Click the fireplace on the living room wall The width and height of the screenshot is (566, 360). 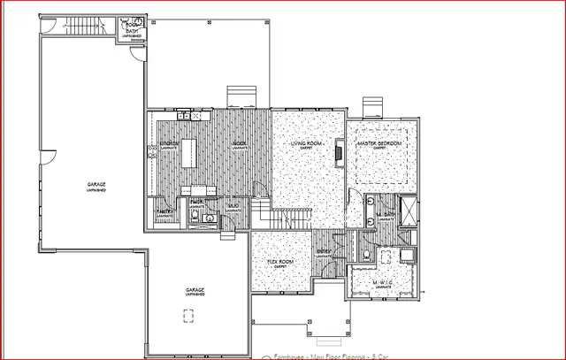(340, 155)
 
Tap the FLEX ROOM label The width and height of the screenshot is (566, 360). (281, 262)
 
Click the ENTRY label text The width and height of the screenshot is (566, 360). (324, 252)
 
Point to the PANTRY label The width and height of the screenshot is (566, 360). (164, 212)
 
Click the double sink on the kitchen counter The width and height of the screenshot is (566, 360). (187, 115)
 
